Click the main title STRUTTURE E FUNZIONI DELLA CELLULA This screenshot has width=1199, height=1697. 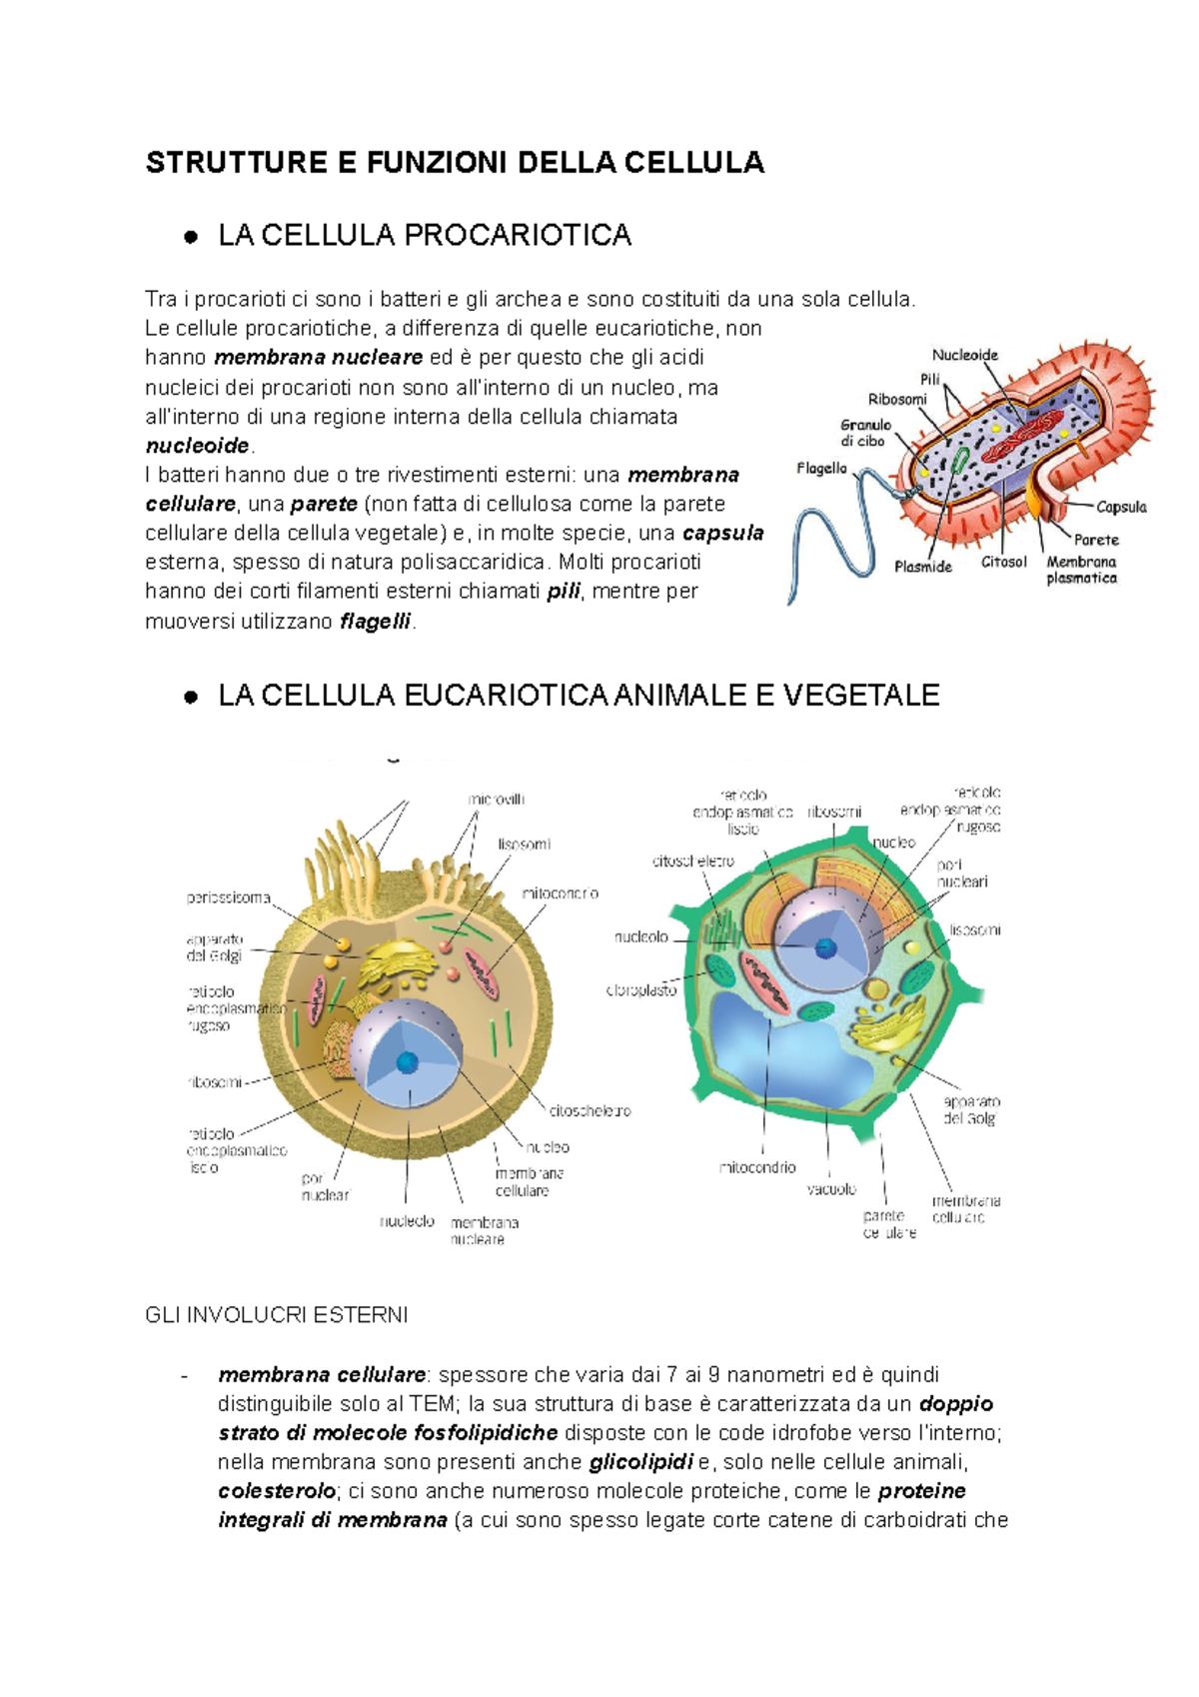(x=455, y=163)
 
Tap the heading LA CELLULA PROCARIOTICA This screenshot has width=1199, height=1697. (x=425, y=236)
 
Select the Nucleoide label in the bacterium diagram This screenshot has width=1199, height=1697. (x=964, y=355)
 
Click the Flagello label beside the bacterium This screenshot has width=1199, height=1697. (x=821, y=468)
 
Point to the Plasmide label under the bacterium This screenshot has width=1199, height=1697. (x=922, y=567)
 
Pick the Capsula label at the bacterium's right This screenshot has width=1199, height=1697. (x=1121, y=507)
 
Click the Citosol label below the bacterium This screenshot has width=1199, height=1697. (x=1003, y=562)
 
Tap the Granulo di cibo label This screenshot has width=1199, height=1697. (x=865, y=433)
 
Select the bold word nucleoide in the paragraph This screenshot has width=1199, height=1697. (x=197, y=446)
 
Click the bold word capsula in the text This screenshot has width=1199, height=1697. (x=722, y=533)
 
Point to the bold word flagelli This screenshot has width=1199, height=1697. (x=376, y=621)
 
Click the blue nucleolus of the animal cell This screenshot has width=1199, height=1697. (x=407, y=1061)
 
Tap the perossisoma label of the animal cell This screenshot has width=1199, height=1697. (x=229, y=897)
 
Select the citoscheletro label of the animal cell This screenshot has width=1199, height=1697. (x=590, y=1110)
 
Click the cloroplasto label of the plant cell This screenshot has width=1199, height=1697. (x=641, y=990)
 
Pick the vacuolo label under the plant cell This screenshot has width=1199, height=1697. (x=831, y=1189)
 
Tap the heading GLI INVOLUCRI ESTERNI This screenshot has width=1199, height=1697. (x=277, y=1315)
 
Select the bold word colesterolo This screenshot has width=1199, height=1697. (x=277, y=1491)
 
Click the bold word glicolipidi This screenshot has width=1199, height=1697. (x=640, y=1462)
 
